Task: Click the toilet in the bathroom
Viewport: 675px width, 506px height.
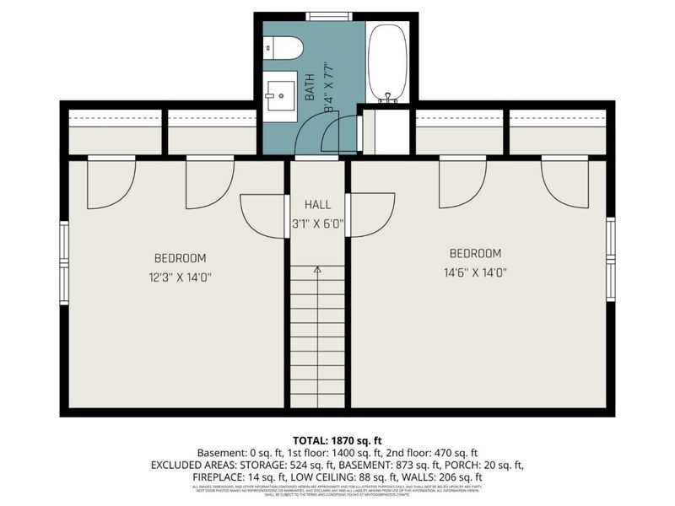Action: [284, 49]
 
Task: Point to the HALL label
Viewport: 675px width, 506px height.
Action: [318, 205]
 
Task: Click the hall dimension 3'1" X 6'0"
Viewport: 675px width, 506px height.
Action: [318, 224]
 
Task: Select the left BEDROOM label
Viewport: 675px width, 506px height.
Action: [180, 258]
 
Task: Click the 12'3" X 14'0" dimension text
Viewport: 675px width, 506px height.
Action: [180, 277]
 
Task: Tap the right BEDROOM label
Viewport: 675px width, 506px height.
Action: [475, 253]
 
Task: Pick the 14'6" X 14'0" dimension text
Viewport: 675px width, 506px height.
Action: [475, 272]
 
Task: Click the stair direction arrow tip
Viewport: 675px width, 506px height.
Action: [318, 268]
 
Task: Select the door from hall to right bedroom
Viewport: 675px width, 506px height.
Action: [371, 215]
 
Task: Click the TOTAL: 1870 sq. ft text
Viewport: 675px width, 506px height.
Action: [337, 440]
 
